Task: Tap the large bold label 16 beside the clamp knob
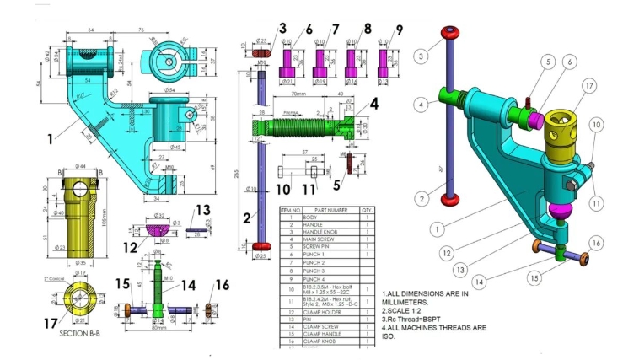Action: [x=222, y=285]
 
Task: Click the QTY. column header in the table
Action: [x=366, y=211]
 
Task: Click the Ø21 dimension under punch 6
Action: [x=287, y=82]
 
